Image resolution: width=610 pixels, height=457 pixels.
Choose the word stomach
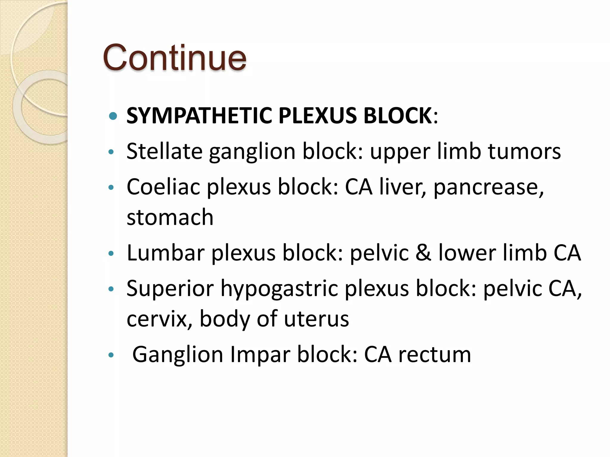(170, 217)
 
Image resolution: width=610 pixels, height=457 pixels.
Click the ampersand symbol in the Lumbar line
(423, 253)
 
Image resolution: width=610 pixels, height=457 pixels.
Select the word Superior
(170, 288)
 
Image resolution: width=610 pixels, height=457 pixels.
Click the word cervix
(159, 319)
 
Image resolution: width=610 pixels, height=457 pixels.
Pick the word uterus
(316, 319)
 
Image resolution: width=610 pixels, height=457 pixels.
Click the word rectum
(435, 355)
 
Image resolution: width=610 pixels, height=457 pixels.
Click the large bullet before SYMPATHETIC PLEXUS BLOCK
(113, 116)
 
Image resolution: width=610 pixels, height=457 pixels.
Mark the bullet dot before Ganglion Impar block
(111, 355)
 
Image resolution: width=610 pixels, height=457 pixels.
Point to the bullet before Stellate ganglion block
(111, 152)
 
